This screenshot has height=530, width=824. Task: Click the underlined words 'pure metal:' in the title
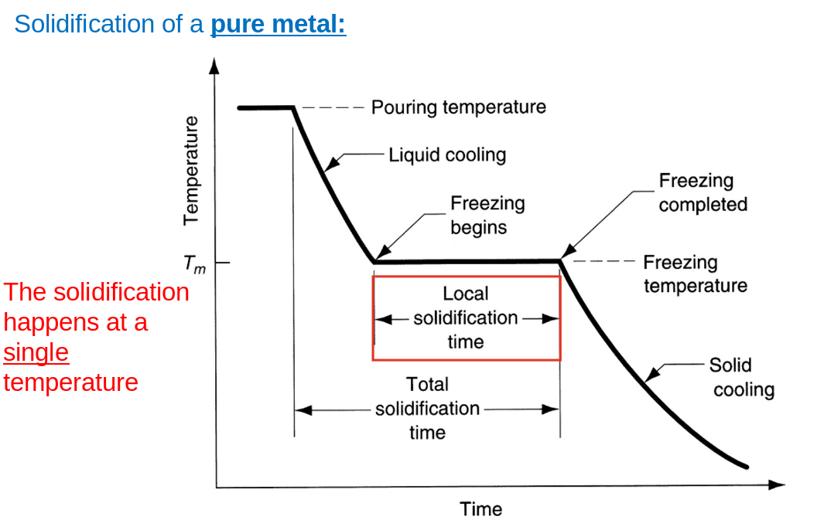[279, 24]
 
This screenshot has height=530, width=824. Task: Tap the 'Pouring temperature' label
[458, 107]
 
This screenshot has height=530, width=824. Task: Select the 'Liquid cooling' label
[447, 155]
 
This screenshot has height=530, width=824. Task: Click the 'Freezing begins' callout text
[487, 215]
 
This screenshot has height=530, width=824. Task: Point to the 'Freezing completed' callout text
[703, 192]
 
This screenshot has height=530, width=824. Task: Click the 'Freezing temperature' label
[695, 274]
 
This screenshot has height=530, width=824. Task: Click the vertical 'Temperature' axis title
[191, 170]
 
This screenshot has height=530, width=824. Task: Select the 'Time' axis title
[480, 509]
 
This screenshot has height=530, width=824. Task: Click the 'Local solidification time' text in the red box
[466, 318]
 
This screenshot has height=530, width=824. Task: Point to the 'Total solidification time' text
[427, 408]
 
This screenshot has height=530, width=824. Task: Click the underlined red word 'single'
[36, 352]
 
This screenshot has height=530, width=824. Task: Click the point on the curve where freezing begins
[374, 262]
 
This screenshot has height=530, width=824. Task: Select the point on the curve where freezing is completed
[560, 260]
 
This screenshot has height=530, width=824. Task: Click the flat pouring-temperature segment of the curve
[265, 107]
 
